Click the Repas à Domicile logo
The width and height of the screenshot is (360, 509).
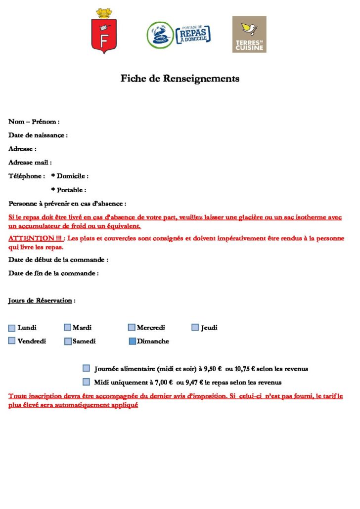[179, 35]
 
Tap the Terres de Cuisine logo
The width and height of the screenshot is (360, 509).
[249, 34]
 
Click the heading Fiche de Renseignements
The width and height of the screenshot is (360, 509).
[180, 78]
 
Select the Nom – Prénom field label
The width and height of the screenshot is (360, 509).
[34, 122]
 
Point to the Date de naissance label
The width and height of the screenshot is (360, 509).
[38, 135]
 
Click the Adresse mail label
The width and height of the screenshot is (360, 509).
[30, 162]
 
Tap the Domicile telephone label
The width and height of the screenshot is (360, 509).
[70, 176]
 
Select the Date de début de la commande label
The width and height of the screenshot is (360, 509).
[58, 259]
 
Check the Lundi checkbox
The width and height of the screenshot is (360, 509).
[12, 328]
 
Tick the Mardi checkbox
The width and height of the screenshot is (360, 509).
[67, 327]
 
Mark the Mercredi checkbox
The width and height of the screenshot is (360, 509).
[132, 327]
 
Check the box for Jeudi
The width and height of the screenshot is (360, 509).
[195, 327]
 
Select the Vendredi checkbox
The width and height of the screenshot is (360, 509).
[12, 341]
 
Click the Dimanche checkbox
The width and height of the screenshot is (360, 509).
[132, 341]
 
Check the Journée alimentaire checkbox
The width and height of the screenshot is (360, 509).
[87, 368]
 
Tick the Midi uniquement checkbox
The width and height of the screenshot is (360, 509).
[87, 382]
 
